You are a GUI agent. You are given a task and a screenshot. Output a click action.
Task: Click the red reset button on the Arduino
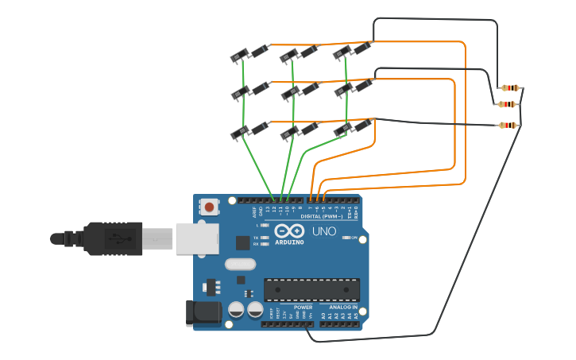tap(209, 207)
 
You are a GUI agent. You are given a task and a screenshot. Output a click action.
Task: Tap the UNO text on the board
tap(323, 232)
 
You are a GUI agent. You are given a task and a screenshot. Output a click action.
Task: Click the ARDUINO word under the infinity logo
tap(289, 242)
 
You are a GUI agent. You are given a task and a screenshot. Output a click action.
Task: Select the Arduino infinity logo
tap(289, 230)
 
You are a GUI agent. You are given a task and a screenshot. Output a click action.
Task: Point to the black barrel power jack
tap(203, 313)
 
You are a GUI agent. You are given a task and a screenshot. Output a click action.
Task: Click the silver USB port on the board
tap(197, 238)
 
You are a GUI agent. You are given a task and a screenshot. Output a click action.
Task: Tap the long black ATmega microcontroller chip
tap(311, 290)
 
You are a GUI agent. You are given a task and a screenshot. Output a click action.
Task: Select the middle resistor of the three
tap(508, 104)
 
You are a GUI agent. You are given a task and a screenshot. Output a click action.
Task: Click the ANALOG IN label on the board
tap(343, 307)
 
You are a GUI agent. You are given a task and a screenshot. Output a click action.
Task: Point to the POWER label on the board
tap(303, 307)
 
